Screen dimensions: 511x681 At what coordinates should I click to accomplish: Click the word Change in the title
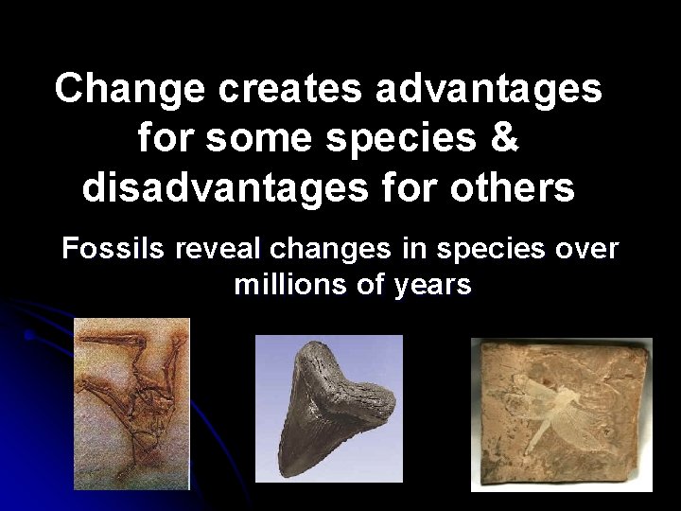[x=130, y=90]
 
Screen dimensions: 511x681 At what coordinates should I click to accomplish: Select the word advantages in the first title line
[x=489, y=90]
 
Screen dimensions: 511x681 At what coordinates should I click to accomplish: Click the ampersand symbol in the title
[x=505, y=139]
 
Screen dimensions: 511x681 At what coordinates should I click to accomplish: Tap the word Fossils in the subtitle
[x=113, y=250]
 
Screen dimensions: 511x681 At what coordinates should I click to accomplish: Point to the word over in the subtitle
[x=586, y=250]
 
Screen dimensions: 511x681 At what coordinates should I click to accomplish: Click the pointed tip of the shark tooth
[x=284, y=470]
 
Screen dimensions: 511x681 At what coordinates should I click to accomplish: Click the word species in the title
[x=402, y=139]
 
